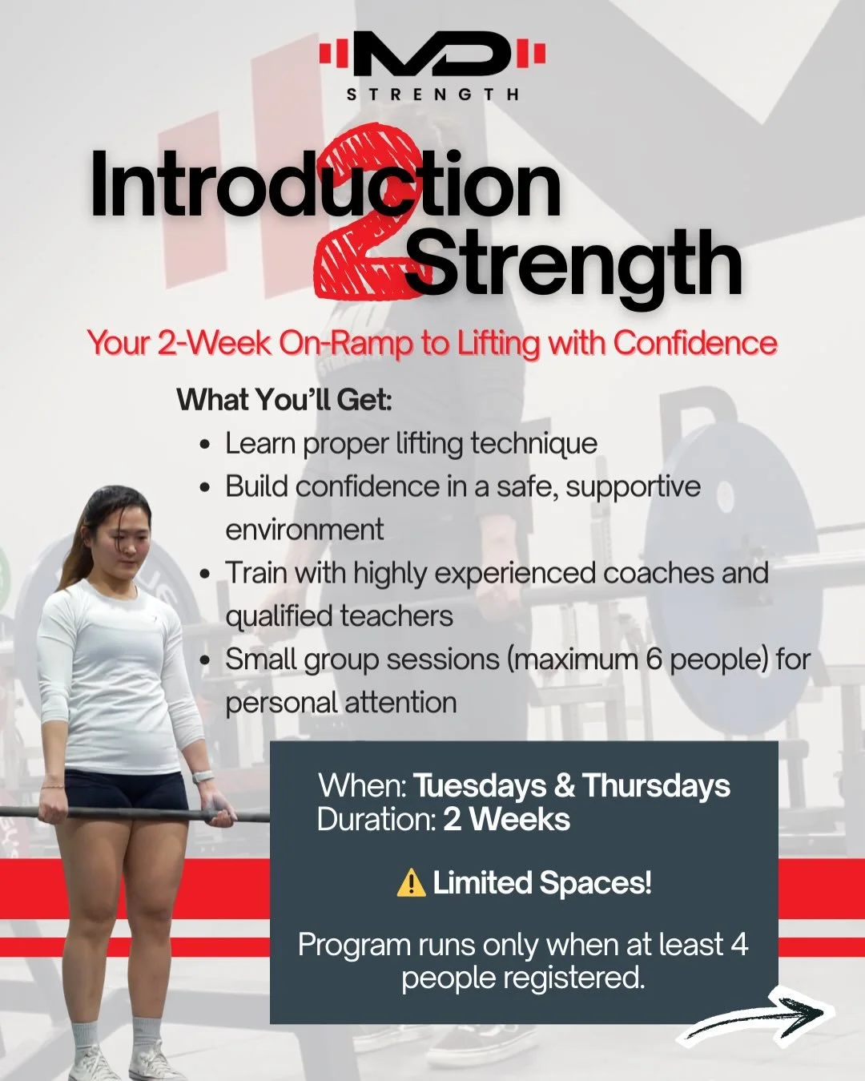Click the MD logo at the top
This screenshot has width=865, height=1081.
click(432, 54)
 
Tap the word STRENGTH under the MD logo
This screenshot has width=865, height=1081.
click(432, 95)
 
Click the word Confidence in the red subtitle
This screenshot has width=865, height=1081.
click(695, 343)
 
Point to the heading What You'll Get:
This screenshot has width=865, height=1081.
click(284, 399)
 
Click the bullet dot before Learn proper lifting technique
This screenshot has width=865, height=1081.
click(207, 445)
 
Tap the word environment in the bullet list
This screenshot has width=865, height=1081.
click(304, 530)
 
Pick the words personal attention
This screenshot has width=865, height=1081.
click(340, 703)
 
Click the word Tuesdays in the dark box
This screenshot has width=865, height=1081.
click(479, 786)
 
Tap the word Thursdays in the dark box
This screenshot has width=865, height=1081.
click(656, 786)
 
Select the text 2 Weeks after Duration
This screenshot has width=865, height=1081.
click(506, 820)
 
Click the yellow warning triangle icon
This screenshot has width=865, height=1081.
click(411, 883)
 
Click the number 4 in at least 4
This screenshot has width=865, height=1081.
click(738, 945)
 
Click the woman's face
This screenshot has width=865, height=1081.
click(128, 541)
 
